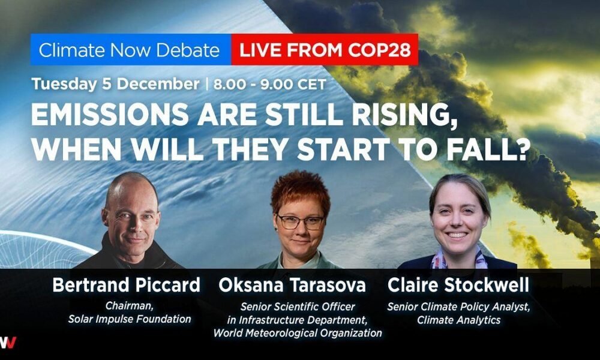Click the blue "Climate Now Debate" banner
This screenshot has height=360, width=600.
tap(131, 50)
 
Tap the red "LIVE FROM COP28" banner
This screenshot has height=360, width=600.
tap(325, 50)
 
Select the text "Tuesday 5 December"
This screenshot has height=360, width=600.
tap(115, 84)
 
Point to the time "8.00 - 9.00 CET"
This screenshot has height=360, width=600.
tap(270, 84)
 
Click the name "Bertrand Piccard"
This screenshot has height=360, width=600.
tap(126, 285)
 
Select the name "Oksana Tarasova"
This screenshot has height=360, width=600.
tap(292, 286)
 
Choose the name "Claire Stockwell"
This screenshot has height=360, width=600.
tap(458, 285)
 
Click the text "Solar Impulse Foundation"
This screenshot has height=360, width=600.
tap(130, 319)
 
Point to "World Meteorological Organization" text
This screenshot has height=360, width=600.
tap(298, 333)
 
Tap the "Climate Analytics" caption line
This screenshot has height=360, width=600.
tap(458, 320)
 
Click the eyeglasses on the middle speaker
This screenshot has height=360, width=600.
tap(301, 222)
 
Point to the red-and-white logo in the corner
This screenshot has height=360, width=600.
tap(8, 343)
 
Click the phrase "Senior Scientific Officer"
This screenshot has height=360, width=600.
tap(298, 307)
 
